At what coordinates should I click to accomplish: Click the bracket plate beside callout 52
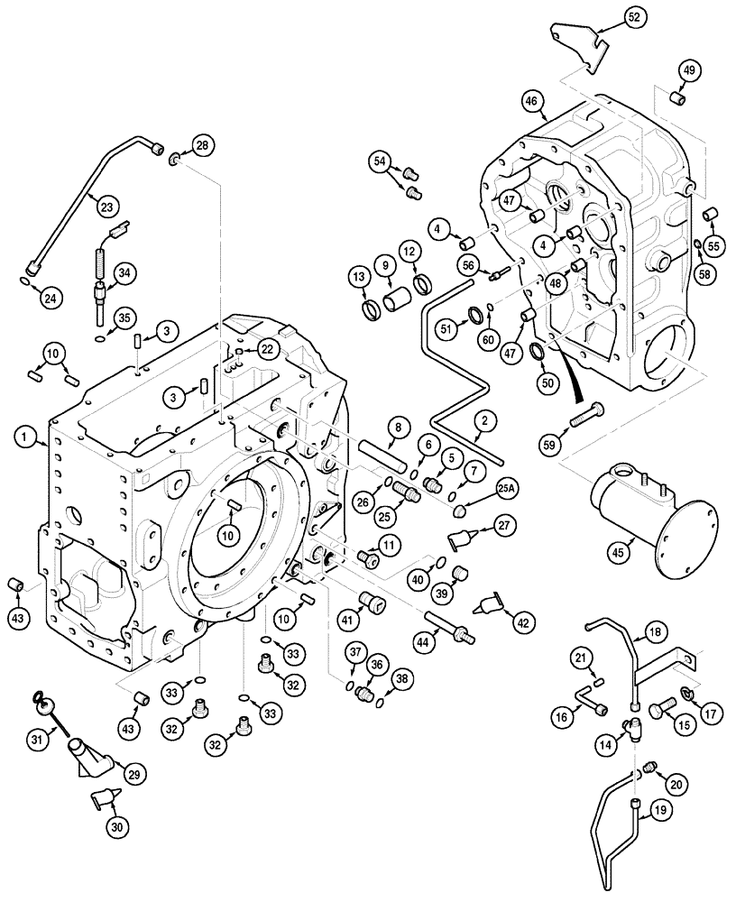tap(577, 45)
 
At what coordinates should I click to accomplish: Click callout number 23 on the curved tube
tap(107, 207)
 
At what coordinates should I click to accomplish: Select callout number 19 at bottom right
tap(660, 811)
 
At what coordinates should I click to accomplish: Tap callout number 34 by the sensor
tap(124, 272)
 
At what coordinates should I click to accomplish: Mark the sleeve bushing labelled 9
tap(395, 298)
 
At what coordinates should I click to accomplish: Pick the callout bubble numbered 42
tap(524, 622)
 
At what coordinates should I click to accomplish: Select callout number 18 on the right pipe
tap(655, 632)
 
